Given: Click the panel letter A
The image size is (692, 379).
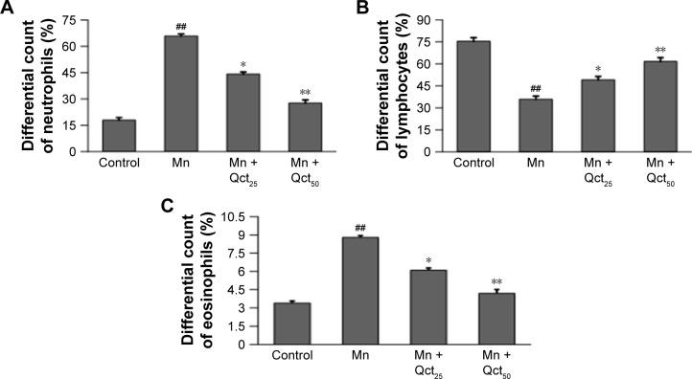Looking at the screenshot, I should pos(9,9).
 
